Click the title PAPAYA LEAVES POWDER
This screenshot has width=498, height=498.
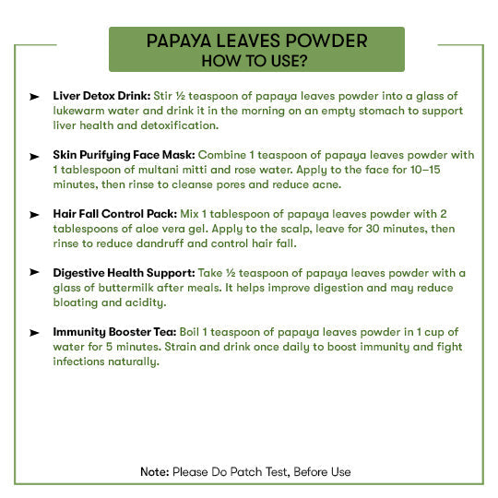[x=257, y=41]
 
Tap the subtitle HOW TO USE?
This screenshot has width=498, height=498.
[x=257, y=61]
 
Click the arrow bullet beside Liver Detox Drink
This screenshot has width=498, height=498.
[x=34, y=96]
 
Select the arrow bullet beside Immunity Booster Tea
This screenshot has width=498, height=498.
[x=34, y=331]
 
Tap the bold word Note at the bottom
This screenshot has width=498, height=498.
[x=154, y=471]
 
